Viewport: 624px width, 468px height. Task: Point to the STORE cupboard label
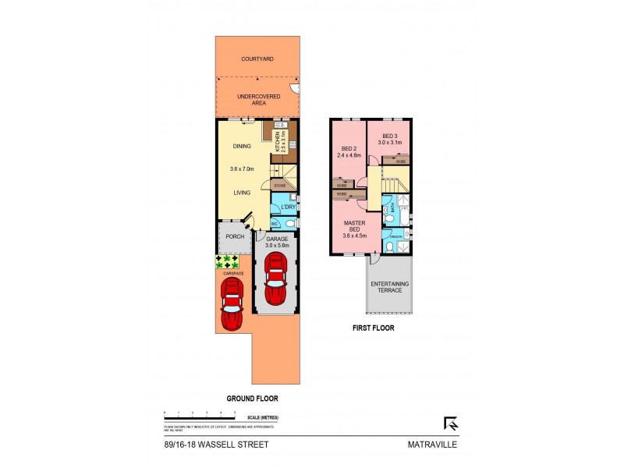point(278,186)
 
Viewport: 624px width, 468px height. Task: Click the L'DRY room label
point(279,207)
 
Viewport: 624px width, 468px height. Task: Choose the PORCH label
point(235,237)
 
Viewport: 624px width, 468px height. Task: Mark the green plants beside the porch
point(228,261)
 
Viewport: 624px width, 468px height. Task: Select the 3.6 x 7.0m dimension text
point(243,169)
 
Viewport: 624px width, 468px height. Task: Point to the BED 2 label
point(349,151)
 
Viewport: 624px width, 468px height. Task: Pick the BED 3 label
point(389,138)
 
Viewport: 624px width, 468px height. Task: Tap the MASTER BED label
point(355,226)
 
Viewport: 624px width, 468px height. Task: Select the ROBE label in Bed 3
point(400,161)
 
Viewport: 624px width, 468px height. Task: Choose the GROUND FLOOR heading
point(252,398)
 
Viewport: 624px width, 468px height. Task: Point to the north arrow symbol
point(450,424)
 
